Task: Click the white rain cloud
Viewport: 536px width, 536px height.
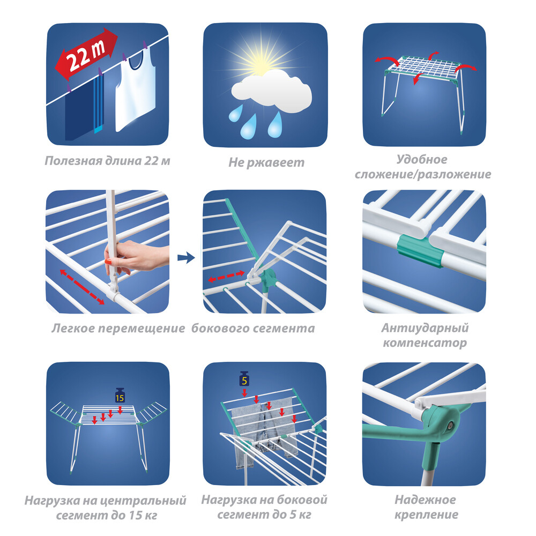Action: point(272,92)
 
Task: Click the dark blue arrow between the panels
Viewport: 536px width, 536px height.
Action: point(186,257)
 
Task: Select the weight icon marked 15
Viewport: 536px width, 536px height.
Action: point(120,396)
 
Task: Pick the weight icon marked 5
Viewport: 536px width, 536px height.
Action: point(244,379)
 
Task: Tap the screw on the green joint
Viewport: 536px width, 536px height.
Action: point(450,425)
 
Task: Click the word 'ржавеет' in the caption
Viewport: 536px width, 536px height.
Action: point(276,163)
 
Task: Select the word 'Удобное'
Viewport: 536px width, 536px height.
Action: point(422,159)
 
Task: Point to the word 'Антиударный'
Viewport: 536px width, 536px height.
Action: point(425,328)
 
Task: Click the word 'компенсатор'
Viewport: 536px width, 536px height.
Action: point(425,343)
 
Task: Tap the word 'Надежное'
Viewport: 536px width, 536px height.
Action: point(425,500)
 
